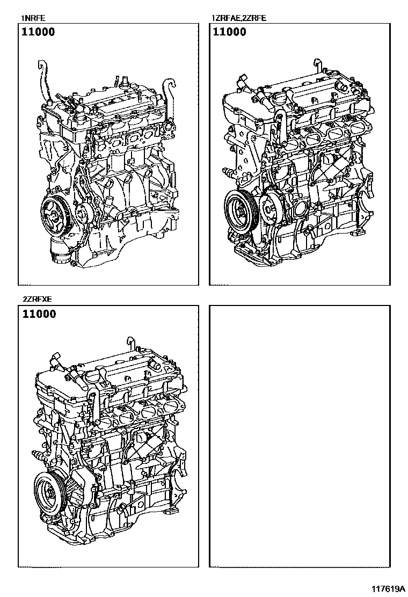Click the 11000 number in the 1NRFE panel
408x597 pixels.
[38, 32]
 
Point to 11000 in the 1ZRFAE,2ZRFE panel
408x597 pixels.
[230, 32]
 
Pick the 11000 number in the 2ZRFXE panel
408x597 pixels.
[38, 315]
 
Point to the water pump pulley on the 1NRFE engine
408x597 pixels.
[83, 214]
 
